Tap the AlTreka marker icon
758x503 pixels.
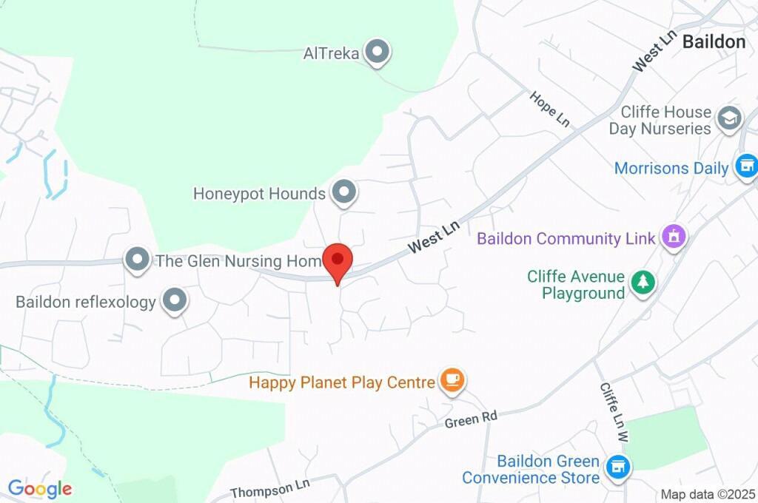[x=378, y=53]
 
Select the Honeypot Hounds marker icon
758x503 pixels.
[x=343, y=193]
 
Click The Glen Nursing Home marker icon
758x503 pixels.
[x=137, y=260]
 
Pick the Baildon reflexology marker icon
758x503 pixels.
[x=175, y=301]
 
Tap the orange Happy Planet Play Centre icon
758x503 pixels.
[x=452, y=381]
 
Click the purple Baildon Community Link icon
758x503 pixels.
[x=674, y=237]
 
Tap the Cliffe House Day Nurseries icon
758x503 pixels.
[x=730, y=118]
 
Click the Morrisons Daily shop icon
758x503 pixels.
[x=746, y=166]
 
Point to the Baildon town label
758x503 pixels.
[x=714, y=41]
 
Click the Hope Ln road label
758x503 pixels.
[x=549, y=109]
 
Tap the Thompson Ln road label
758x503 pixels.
[x=269, y=487]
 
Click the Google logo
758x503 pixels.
[x=40, y=489]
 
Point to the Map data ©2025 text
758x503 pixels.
[x=708, y=494]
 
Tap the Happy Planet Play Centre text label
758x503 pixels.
[x=341, y=382]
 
